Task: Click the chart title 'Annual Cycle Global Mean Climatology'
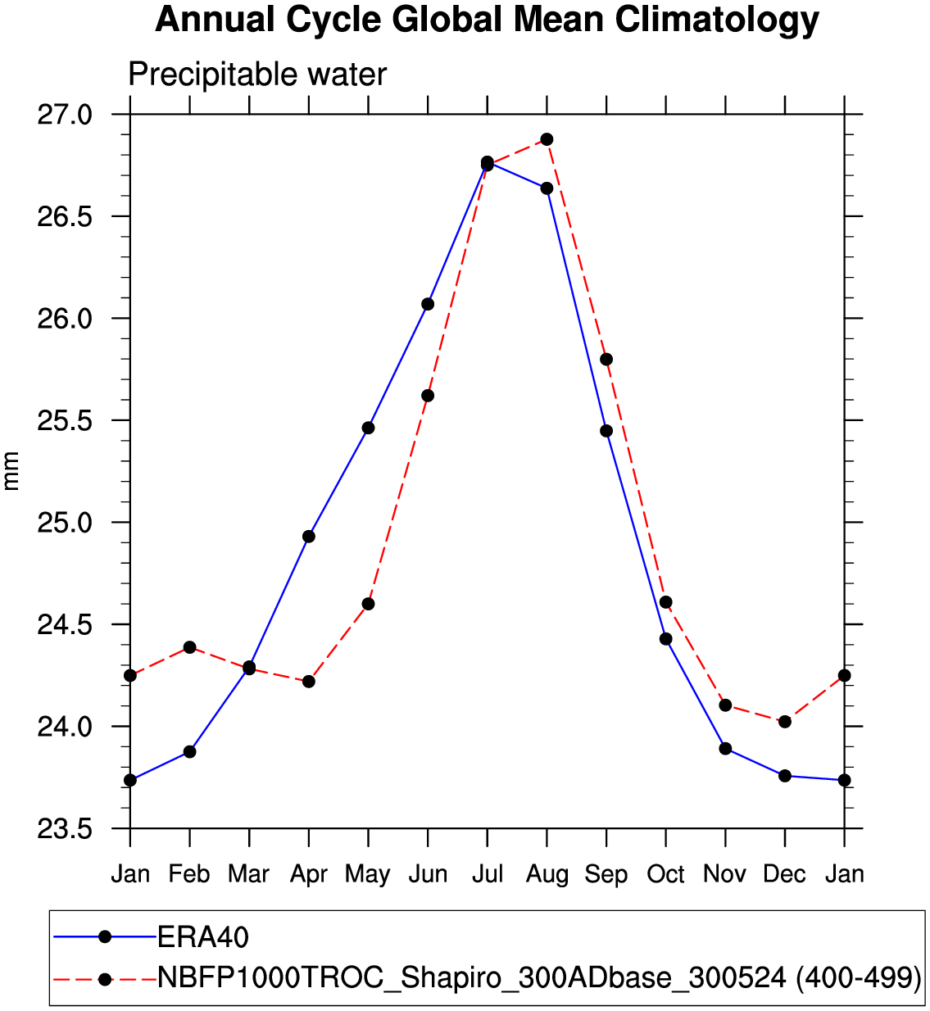coord(487,20)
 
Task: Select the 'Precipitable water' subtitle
coord(257,75)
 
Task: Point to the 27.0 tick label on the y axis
coord(65,114)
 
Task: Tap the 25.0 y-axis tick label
coord(65,522)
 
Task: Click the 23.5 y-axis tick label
coord(65,828)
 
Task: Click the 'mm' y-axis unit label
coord(11,471)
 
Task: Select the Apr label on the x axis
coord(309,874)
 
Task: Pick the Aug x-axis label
coord(547,874)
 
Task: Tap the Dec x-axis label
coord(784,874)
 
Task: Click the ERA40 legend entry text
coord(203,936)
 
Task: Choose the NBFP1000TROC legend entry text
coord(539,977)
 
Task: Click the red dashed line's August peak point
coord(547,139)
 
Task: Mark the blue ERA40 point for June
coord(428,304)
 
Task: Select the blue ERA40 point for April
coord(309,537)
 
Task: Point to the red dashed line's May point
coord(368,604)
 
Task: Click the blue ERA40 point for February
coord(189,751)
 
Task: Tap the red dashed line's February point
coord(189,647)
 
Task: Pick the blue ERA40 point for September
coord(606,431)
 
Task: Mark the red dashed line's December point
coord(785,722)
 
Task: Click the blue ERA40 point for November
coord(725,748)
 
